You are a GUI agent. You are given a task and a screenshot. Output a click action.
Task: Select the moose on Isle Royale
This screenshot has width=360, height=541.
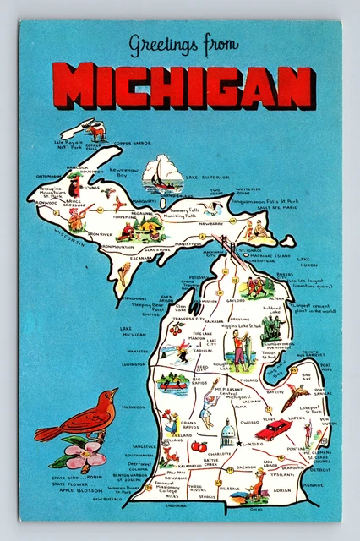tap(95, 131)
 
